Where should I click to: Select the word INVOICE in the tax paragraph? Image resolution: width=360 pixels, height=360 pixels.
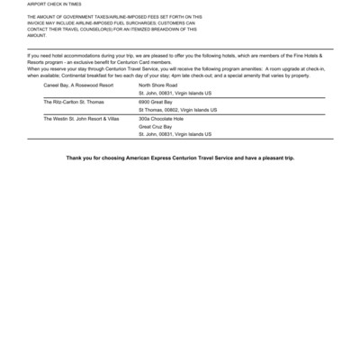tap(40, 22)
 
